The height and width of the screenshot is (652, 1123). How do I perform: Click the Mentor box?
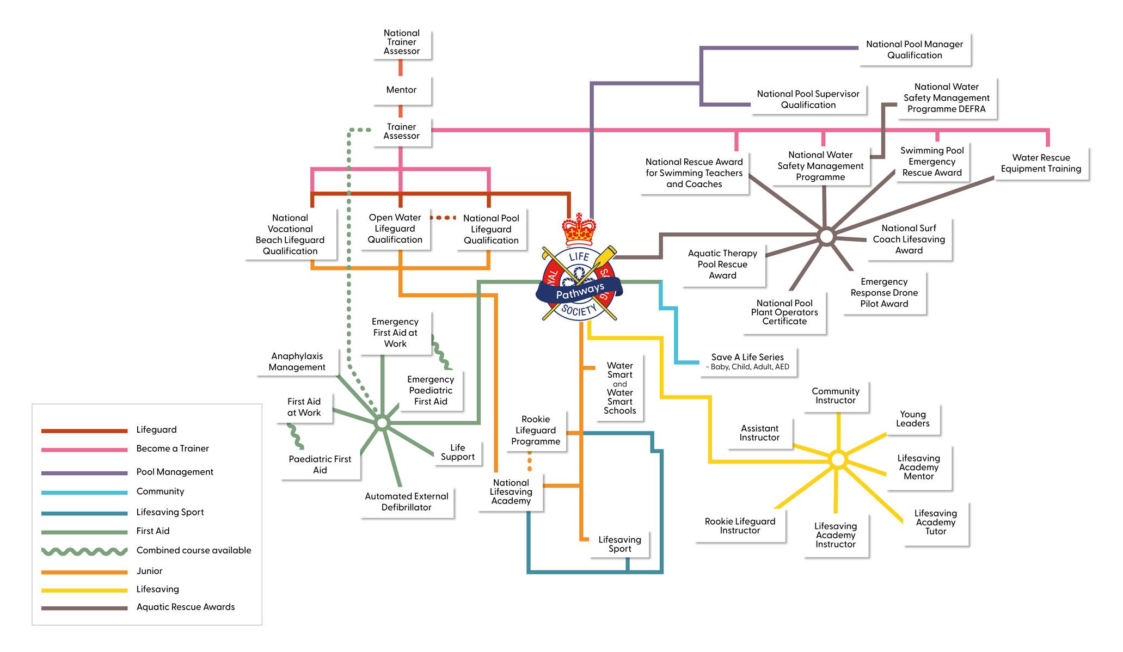click(x=401, y=90)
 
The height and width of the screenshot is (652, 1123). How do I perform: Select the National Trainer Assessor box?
click(x=402, y=42)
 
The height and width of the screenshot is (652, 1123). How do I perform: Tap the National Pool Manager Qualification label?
click(x=915, y=50)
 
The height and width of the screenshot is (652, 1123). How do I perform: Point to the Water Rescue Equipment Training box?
click(x=1041, y=163)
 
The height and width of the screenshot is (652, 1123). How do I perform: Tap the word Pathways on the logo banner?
click(x=580, y=291)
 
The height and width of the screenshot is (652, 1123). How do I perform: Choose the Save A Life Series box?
click(x=747, y=361)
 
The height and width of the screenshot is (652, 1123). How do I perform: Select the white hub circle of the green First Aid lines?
click(x=382, y=423)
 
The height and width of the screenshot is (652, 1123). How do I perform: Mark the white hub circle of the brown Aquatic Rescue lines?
click(x=826, y=237)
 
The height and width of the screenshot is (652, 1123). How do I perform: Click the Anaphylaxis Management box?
click(x=297, y=361)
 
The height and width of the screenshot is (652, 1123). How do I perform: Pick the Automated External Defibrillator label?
click(x=407, y=501)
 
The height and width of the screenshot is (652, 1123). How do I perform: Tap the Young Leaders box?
click(x=913, y=419)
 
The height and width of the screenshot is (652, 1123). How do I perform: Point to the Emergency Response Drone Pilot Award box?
click(x=884, y=293)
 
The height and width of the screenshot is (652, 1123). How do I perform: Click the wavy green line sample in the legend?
click(x=84, y=551)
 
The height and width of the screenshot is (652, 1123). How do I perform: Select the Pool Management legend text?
click(x=175, y=472)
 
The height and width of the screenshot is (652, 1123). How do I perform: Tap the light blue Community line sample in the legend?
click(x=84, y=493)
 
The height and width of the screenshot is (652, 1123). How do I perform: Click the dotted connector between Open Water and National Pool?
click(x=443, y=218)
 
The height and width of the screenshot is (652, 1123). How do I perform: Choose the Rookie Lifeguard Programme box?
click(x=536, y=430)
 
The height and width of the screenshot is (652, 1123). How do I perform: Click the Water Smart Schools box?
click(x=619, y=388)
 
